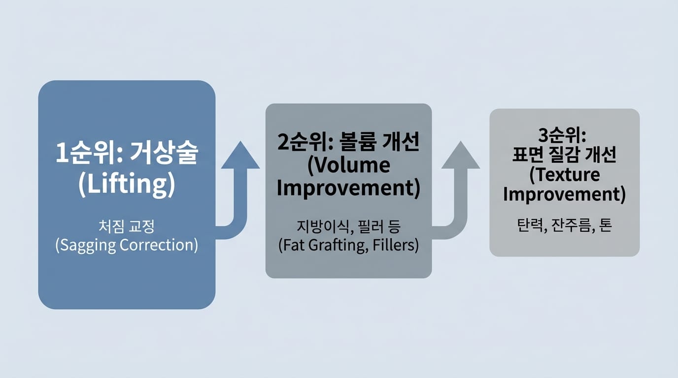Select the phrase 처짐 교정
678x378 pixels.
click(x=127, y=226)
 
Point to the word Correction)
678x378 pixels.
click(x=159, y=245)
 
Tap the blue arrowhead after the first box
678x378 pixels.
click(x=240, y=155)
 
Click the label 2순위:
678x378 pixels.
click(x=305, y=142)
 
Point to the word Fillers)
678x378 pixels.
click(x=396, y=245)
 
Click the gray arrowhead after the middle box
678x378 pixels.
click(x=461, y=155)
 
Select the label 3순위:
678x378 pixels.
click(x=562, y=135)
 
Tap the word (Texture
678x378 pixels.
click(x=565, y=175)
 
